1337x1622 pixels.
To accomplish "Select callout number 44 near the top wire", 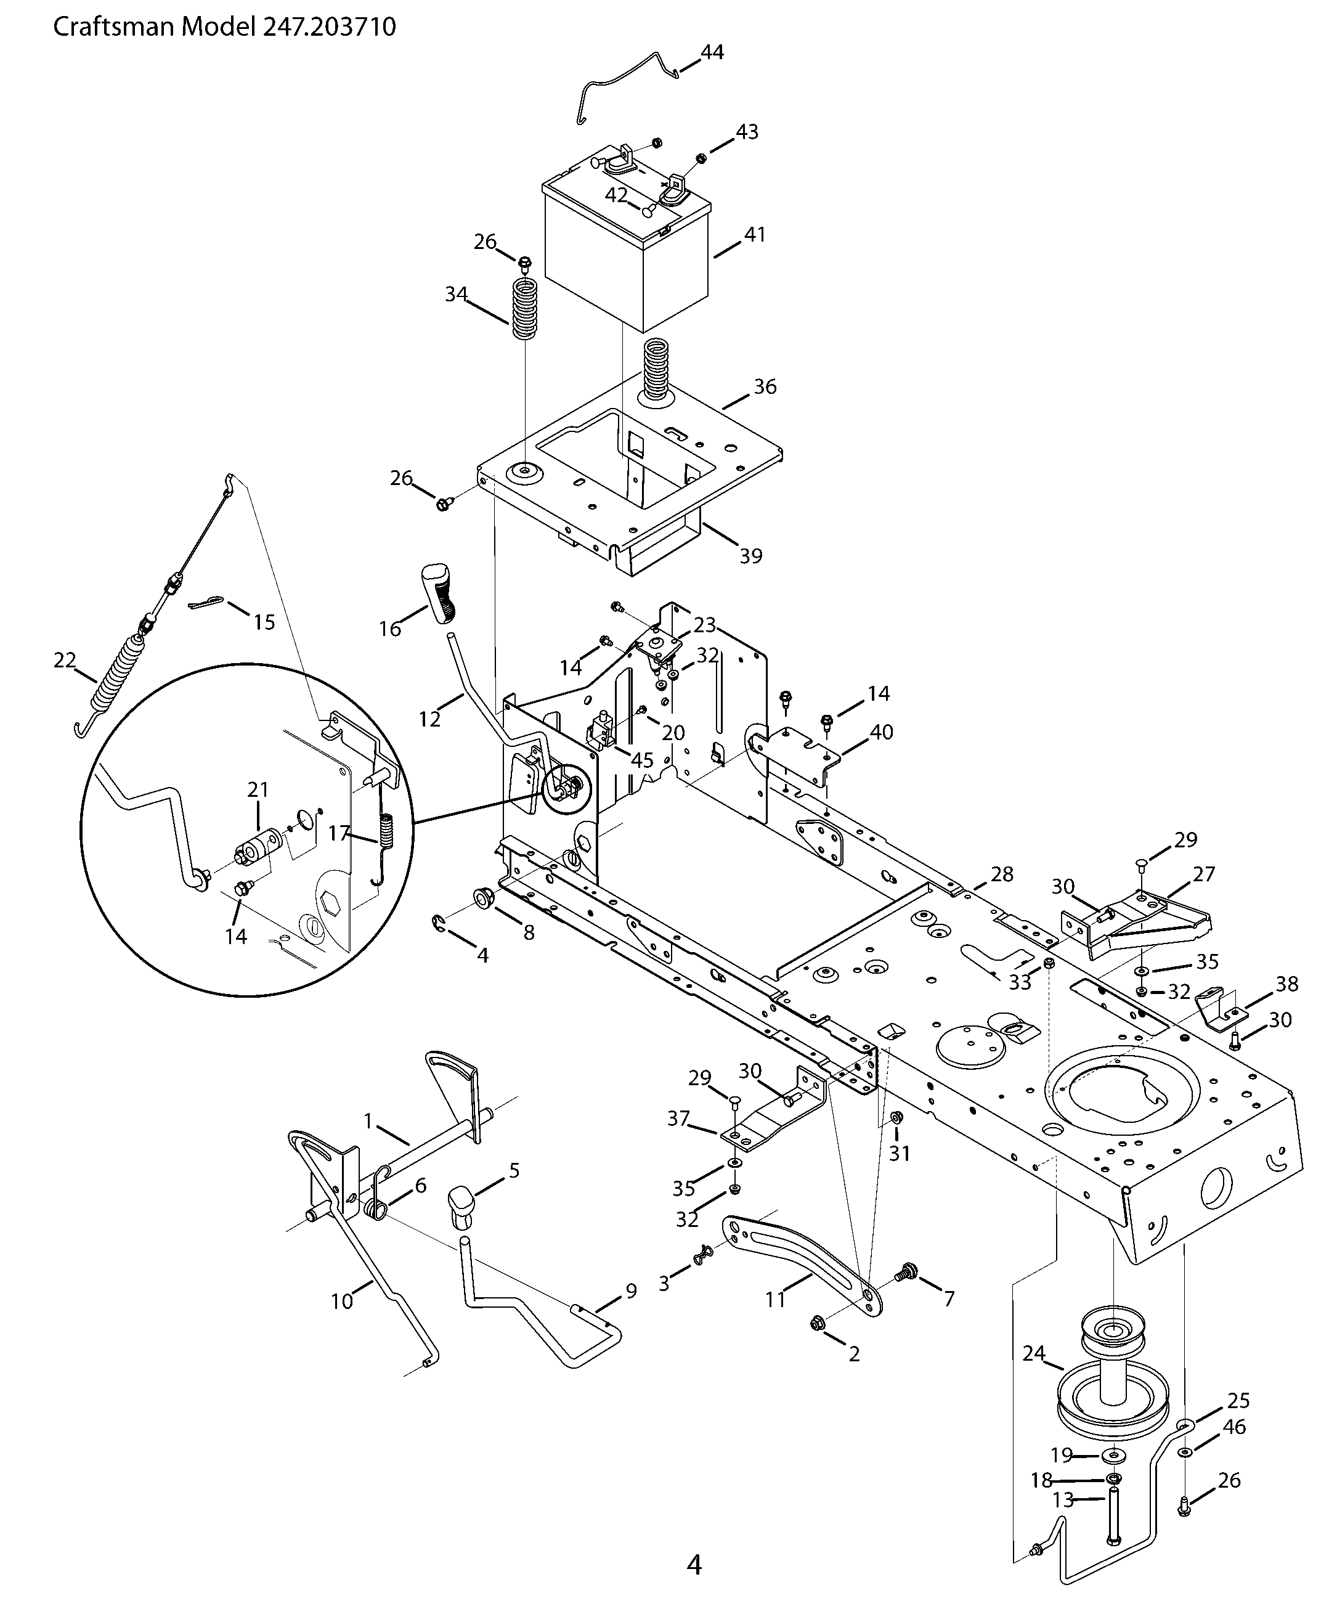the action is point(712,52).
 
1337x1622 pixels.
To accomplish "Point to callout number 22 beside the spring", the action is point(65,660).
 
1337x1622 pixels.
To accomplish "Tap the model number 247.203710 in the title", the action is point(329,27).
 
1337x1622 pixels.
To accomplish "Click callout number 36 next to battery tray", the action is point(764,386).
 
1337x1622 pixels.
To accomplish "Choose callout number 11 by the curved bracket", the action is point(775,1299).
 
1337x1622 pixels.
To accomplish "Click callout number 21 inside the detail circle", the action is point(258,789).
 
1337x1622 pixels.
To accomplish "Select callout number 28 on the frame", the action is point(1002,874).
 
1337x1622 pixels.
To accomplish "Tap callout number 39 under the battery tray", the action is point(751,555).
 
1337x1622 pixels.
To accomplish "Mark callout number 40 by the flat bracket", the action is point(881,732).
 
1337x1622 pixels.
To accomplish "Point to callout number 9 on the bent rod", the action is point(631,1291).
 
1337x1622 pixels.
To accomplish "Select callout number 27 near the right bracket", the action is point(1204,873).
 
